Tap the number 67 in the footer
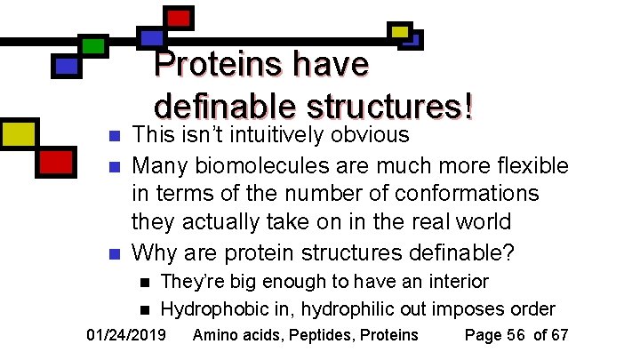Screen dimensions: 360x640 pyautogui.click(x=559, y=335)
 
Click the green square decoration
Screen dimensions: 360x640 pyautogui.click(x=92, y=45)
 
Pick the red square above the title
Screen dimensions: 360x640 pyautogui.click(x=179, y=17)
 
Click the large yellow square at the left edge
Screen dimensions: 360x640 pyautogui.click(x=17, y=133)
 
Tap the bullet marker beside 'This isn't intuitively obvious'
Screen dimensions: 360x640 pyautogui.click(x=112, y=137)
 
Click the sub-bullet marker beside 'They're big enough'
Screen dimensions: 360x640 pyautogui.click(x=144, y=284)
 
